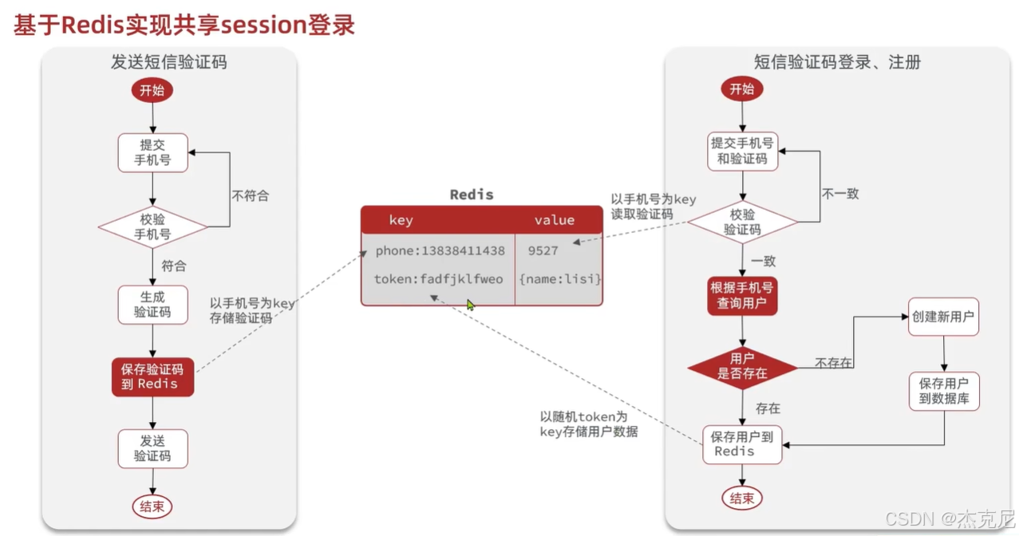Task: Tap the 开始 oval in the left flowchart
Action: coord(152,90)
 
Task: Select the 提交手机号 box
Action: coord(152,152)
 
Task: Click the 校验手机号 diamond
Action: coord(152,227)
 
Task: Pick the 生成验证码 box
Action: coord(152,305)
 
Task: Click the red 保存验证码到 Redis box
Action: coord(152,376)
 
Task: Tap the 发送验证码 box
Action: coord(152,448)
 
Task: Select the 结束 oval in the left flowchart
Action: coord(152,506)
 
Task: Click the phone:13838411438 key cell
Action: coord(440,250)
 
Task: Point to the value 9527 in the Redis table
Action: coord(543,250)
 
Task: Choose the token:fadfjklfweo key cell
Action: coord(438,279)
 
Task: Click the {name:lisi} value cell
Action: coord(559,279)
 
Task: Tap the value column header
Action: coord(554,220)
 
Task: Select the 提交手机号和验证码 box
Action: coord(742,151)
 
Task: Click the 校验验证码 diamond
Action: coord(742,223)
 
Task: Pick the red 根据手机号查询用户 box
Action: coord(742,296)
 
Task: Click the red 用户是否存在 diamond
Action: coord(742,366)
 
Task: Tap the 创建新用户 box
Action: coord(943,317)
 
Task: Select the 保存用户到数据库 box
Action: coord(944,391)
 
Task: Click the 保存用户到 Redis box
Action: coord(742,444)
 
